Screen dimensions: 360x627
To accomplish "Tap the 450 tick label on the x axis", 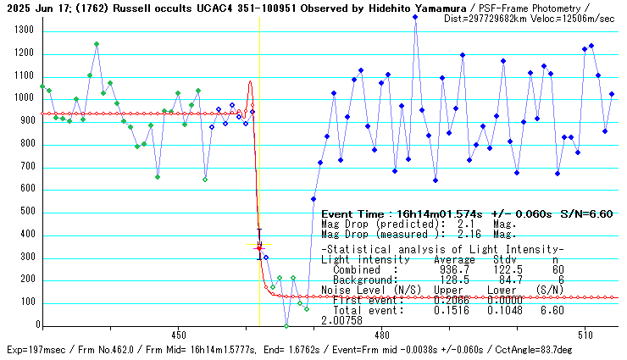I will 178,334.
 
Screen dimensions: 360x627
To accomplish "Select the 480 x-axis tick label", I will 381,334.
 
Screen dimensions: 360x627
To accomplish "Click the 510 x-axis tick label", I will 585,334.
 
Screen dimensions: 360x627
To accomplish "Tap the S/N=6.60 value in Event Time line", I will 584,214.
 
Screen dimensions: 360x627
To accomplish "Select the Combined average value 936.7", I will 447,270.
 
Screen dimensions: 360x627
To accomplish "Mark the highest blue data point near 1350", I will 415,17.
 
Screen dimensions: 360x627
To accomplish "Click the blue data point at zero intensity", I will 286,325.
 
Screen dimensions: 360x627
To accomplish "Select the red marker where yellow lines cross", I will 259,246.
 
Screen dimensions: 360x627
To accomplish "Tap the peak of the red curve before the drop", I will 250,82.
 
